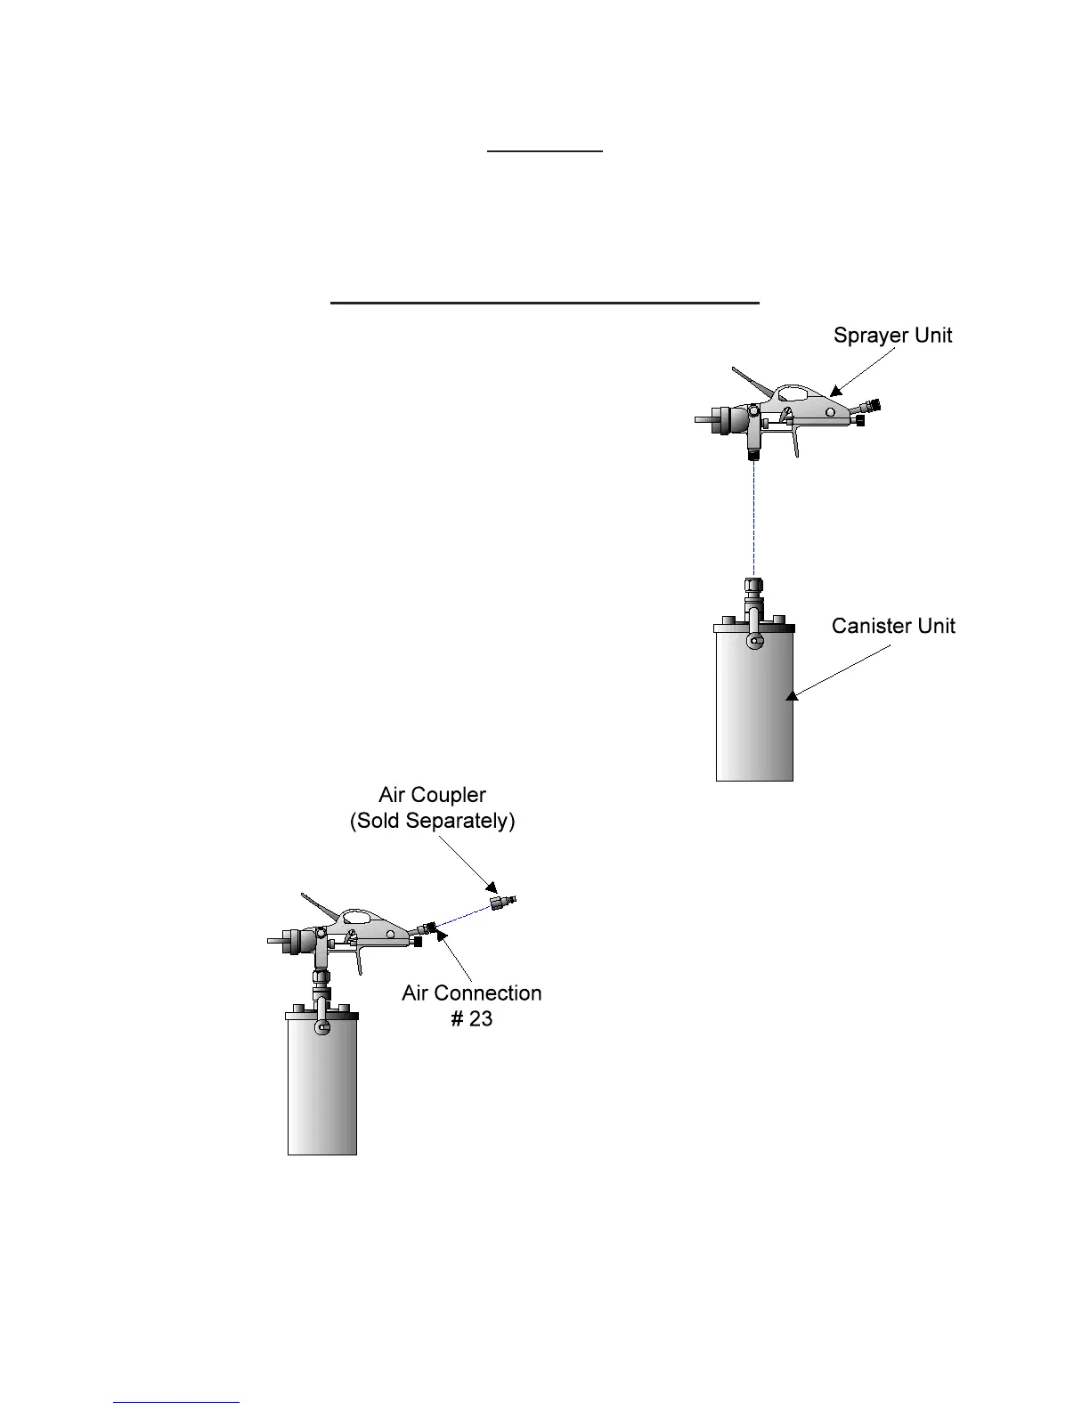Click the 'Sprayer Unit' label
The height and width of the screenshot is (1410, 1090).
(892, 336)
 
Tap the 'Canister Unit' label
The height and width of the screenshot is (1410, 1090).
(893, 626)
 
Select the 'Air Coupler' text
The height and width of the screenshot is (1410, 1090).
(432, 795)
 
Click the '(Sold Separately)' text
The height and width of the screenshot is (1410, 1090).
(432, 820)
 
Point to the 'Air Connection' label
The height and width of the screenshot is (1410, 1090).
(471, 993)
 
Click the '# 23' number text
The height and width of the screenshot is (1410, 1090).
(471, 1018)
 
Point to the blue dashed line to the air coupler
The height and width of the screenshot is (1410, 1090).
(463, 916)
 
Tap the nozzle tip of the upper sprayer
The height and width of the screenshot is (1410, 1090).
(700, 418)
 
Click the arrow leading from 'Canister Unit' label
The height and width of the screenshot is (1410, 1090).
(837, 672)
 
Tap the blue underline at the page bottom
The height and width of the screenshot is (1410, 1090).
(176, 1402)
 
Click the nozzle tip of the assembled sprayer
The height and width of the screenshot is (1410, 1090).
(272, 939)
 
